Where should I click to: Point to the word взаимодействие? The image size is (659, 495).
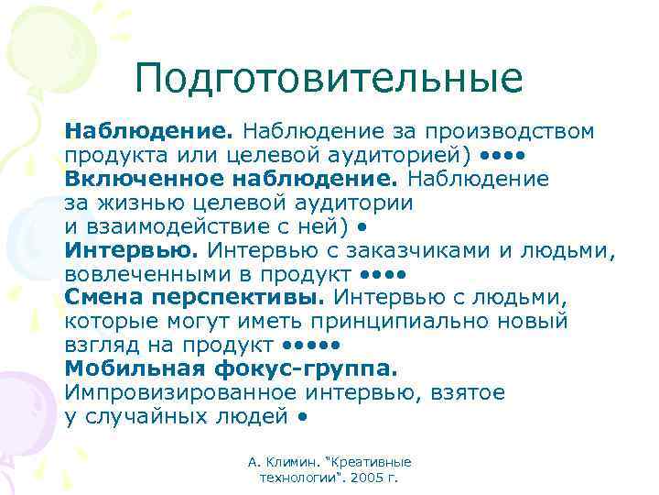[174, 225]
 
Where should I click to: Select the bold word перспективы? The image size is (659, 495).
[237, 297]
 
